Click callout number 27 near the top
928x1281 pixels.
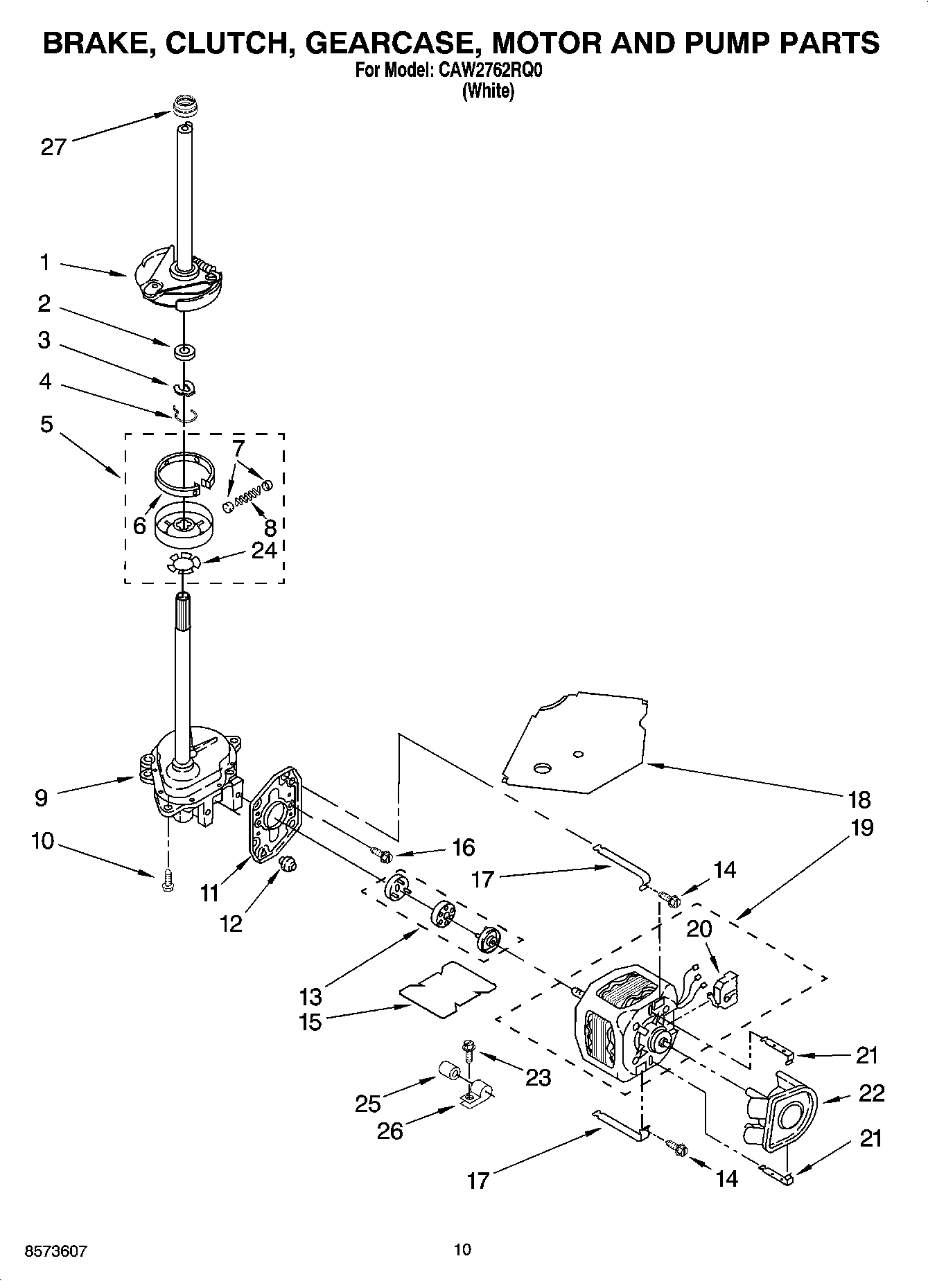click(x=53, y=147)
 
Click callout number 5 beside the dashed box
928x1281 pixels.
click(x=46, y=423)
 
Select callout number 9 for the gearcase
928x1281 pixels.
click(x=41, y=797)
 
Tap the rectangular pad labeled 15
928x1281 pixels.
click(x=448, y=989)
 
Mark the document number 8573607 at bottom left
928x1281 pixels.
click(x=55, y=1251)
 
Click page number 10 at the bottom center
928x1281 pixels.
click(x=462, y=1249)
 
